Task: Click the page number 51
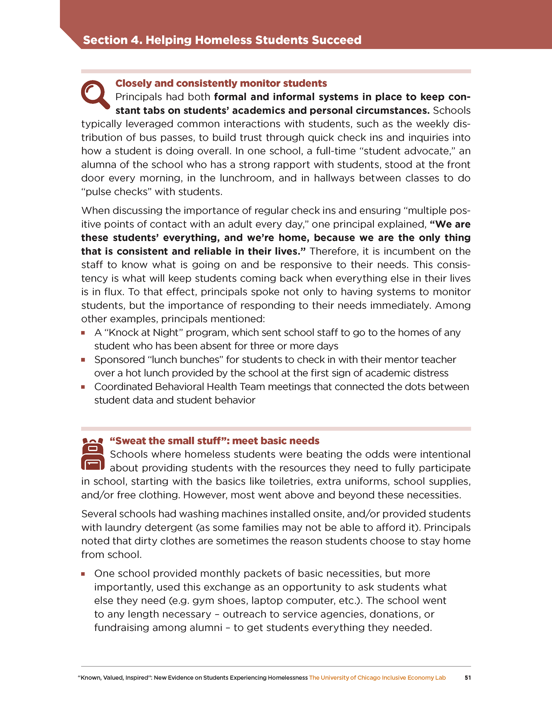467,678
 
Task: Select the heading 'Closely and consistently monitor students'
221,83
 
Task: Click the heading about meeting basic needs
214,441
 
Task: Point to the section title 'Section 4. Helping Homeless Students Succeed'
222,40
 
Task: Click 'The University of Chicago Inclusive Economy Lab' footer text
377,678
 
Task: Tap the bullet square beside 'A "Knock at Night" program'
83,333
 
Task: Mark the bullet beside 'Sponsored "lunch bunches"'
83,360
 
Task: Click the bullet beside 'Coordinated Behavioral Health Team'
83,387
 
